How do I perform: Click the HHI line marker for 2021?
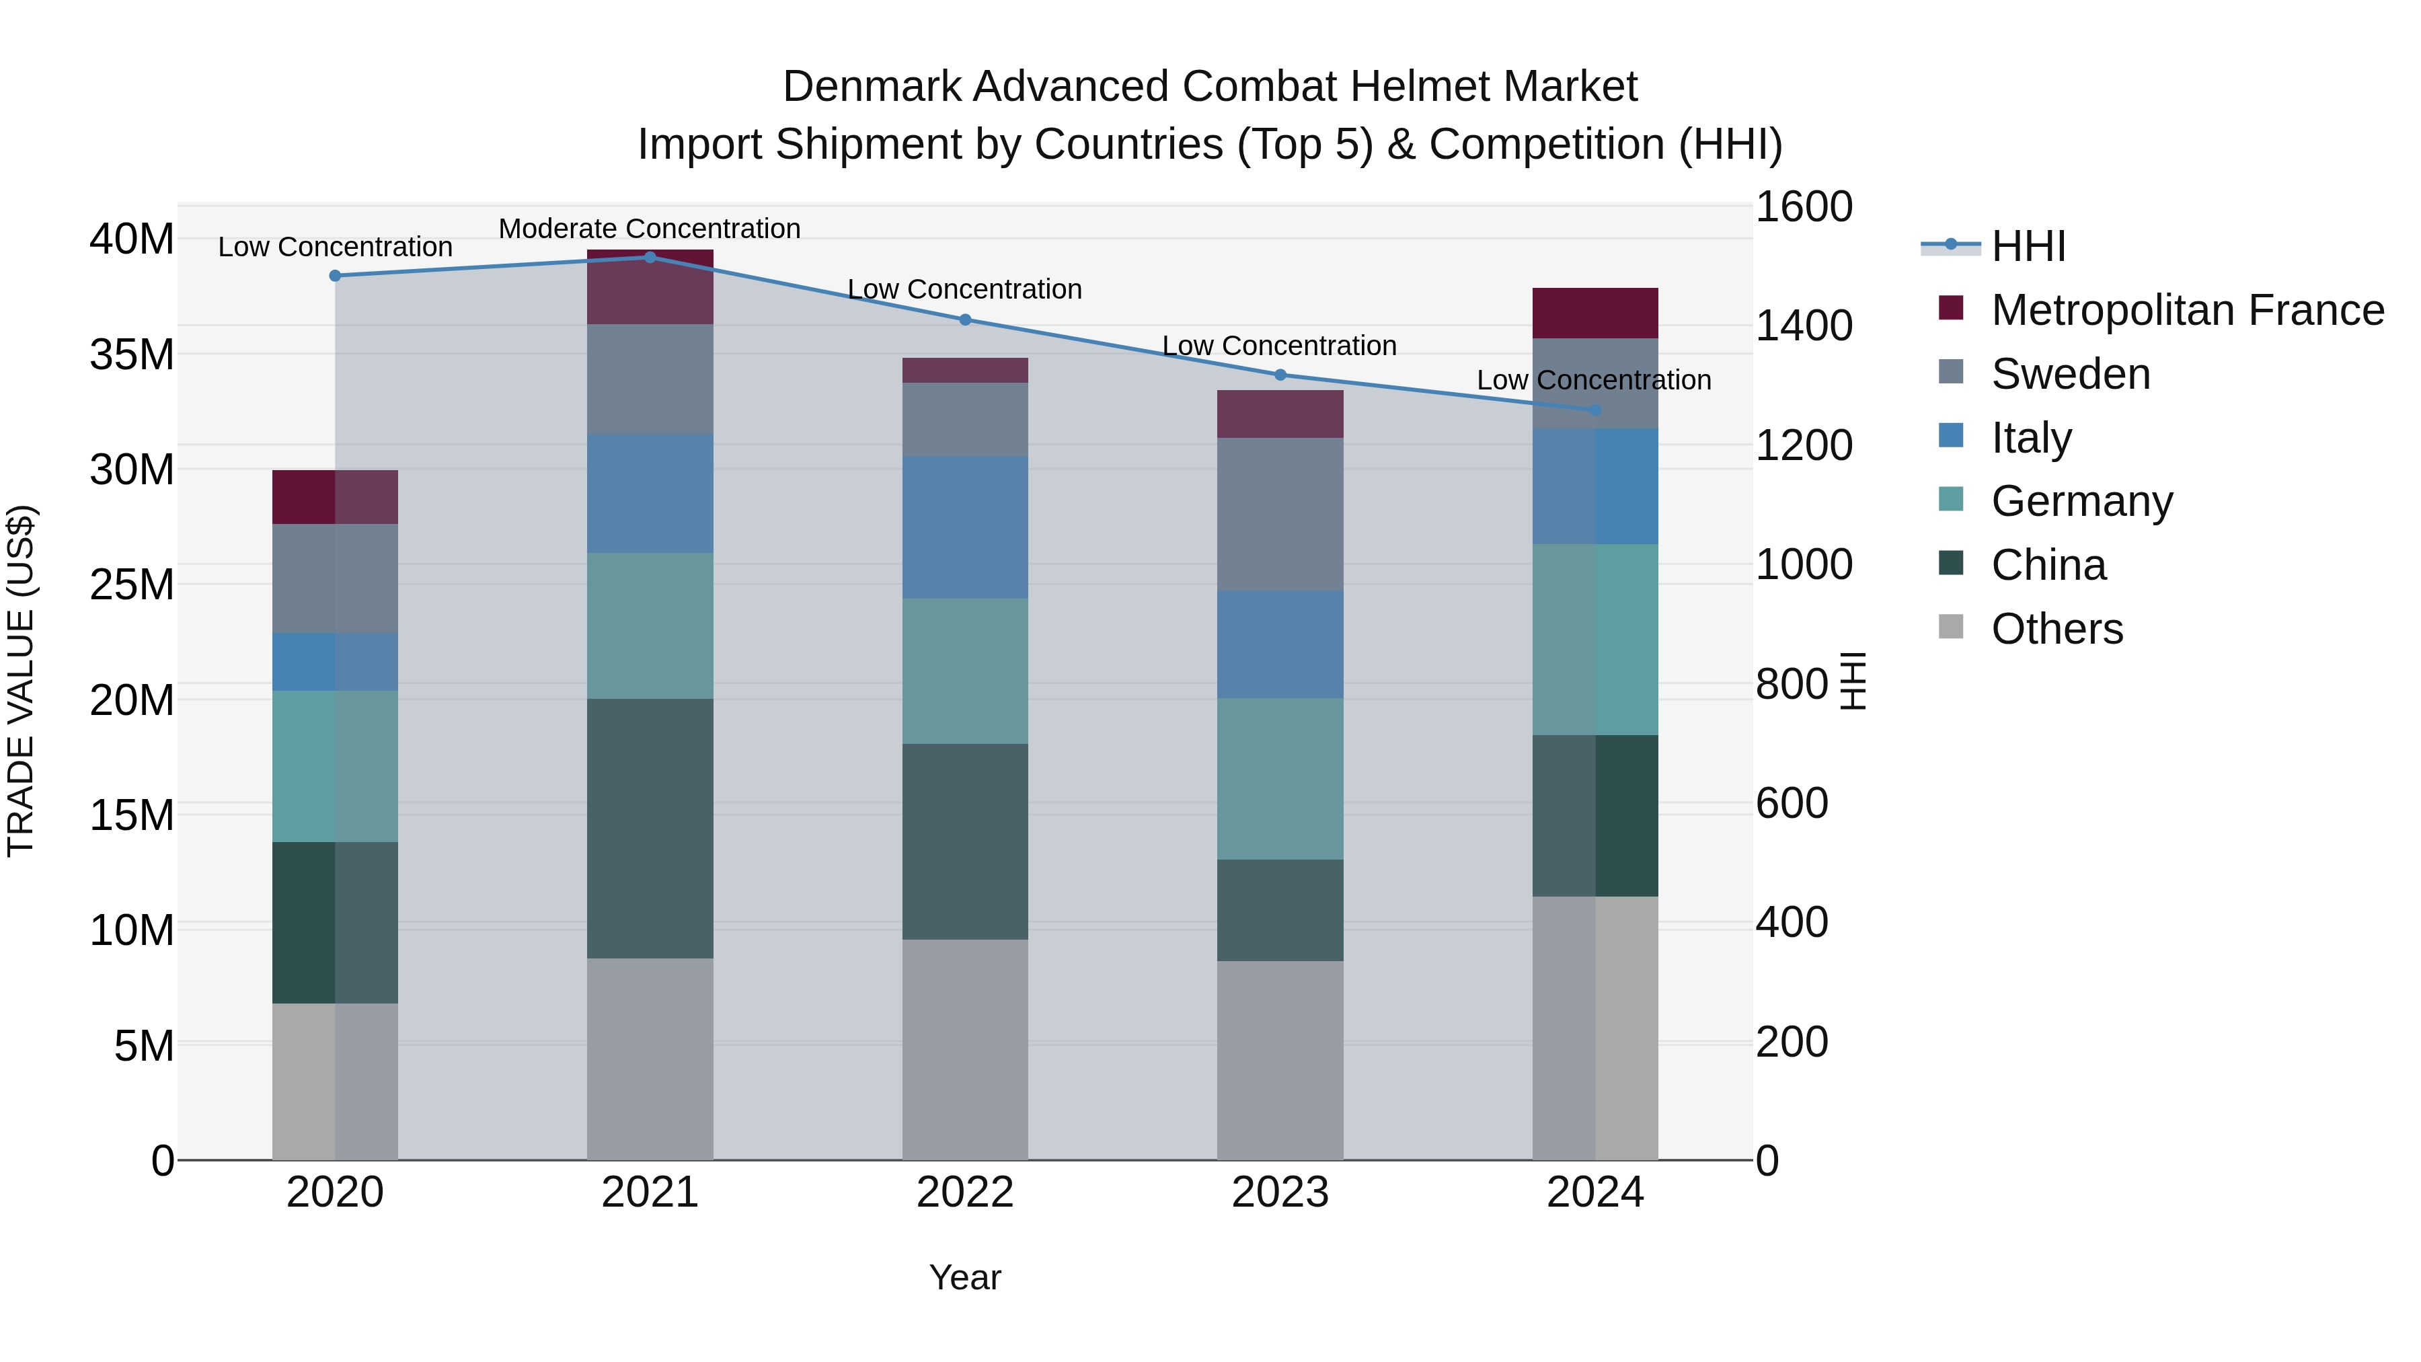pyautogui.click(x=650, y=257)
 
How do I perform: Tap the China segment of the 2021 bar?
pyautogui.click(x=650, y=827)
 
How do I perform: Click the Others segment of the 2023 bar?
pyautogui.click(x=1279, y=1059)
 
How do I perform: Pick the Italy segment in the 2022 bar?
pyautogui.click(x=964, y=527)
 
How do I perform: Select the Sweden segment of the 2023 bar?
pyautogui.click(x=1279, y=514)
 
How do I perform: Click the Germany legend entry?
pyautogui.click(x=2081, y=501)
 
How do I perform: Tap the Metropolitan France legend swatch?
pyautogui.click(x=1951, y=308)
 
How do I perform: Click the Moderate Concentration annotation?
pyautogui.click(x=650, y=229)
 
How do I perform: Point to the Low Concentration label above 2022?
pyautogui.click(x=964, y=289)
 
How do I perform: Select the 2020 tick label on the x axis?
pyautogui.click(x=335, y=1193)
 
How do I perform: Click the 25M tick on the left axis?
pyautogui.click(x=132, y=584)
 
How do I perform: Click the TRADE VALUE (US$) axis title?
pyautogui.click(x=21, y=681)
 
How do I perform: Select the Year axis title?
pyautogui.click(x=964, y=1277)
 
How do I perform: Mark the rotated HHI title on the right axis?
pyautogui.click(x=1851, y=681)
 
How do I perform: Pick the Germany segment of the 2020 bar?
pyautogui.click(x=335, y=766)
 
